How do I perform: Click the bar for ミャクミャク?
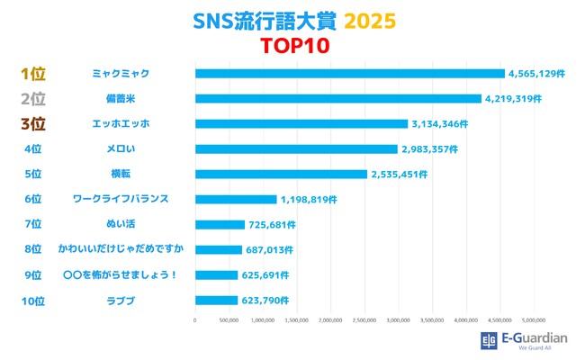(x=349, y=73)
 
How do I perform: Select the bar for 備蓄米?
(x=337, y=98)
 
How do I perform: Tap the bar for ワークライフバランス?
(x=235, y=199)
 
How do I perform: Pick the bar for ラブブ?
(x=216, y=300)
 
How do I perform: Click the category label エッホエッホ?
(x=121, y=123)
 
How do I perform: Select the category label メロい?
(x=121, y=148)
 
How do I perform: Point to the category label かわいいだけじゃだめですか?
(x=121, y=249)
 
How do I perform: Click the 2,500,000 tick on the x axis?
(x=364, y=319)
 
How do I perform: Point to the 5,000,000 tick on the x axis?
(x=535, y=319)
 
